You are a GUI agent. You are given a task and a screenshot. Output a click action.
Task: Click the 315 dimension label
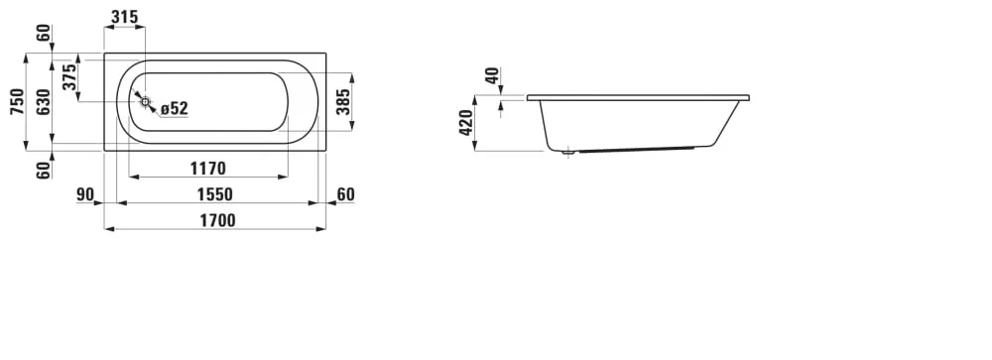(x=124, y=17)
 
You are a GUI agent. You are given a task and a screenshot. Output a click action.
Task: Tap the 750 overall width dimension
(x=17, y=101)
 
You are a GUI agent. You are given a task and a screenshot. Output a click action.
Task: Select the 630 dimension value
(x=43, y=101)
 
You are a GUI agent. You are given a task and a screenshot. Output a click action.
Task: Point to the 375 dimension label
(x=69, y=76)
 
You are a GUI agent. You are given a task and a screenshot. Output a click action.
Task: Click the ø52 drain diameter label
(x=175, y=109)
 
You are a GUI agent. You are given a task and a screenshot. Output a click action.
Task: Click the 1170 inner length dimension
(x=208, y=169)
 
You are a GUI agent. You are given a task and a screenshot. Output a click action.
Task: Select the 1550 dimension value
(x=214, y=194)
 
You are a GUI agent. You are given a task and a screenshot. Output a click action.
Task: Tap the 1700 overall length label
(x=217, y=220)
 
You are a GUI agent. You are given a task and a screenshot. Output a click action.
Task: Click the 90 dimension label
(x=85, y=194)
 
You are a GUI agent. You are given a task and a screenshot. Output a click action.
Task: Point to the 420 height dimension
(x=465, y=123)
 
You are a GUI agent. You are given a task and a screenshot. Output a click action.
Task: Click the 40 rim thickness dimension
(x=492, y=76)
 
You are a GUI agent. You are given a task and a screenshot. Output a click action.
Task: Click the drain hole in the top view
(x=145, y=101)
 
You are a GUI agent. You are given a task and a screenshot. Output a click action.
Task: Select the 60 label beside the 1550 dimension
(x=345, y=194)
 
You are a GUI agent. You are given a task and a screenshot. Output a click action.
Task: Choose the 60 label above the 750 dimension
(x=43, y=33)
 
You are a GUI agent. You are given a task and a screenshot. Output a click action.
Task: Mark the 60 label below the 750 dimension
(x=43, y=171)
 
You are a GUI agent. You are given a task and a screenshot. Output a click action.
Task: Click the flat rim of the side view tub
(x=638, y=98)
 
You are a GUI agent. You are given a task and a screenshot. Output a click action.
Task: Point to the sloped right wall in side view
(x=728, y=124)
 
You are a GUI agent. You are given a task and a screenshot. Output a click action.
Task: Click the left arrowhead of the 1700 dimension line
(x=109, y=228)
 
